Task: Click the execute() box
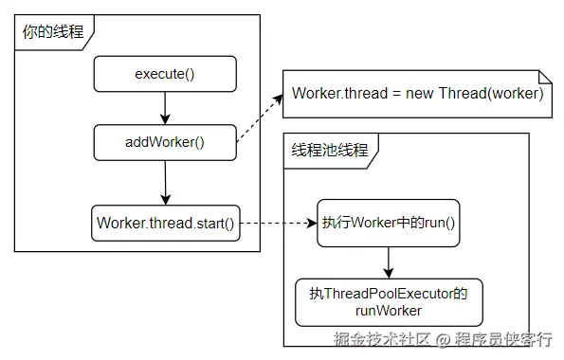(x=165, y=74)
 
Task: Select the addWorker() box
(x=165, y=142)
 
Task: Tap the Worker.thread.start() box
(x=166, y=223)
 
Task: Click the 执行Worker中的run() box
(x=388, y=223)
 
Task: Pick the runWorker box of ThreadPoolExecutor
(x=389, y=302)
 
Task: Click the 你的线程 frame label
(x=53, y=32)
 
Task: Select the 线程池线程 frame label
(x=330, y=150)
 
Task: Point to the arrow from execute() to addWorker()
(x=165, y=108)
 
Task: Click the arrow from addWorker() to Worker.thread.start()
(x=166, y=183)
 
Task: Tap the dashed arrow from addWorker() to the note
(x=260, y=118)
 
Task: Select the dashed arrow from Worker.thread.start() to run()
(x=279, y=223)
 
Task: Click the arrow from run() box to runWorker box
(x=389, y=262)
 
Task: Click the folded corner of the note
(x=545, y=77)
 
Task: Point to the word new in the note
(x=419, y=94)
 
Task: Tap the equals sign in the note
(x=396, y=94)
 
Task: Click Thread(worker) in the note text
(x=491, y=94)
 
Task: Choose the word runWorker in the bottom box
(x=389, y=311)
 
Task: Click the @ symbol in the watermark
(x=444, y=340)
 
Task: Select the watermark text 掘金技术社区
(x=382, y=339)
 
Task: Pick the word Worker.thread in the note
(x=340, y=94)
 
